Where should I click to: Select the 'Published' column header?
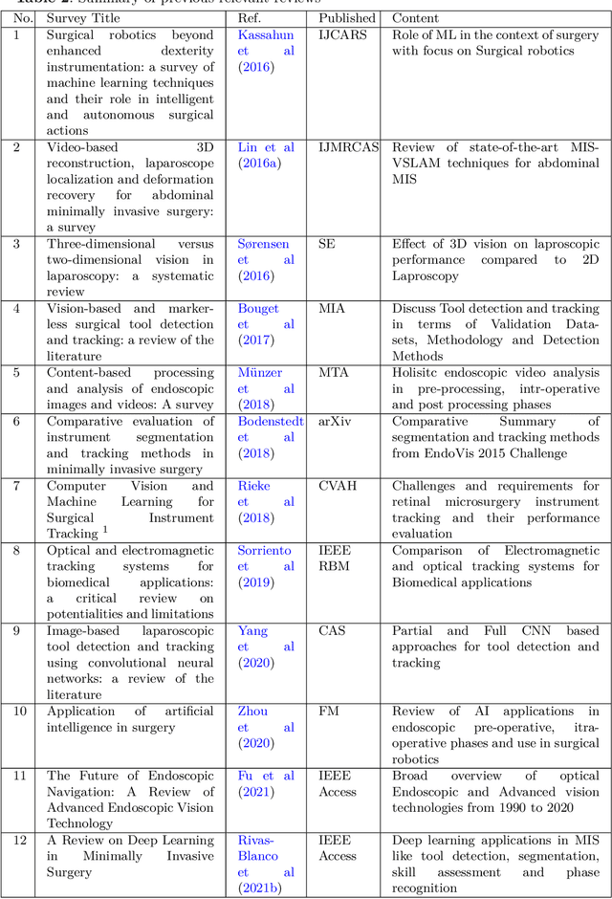[346, 17]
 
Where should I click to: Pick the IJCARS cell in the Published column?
[341, 34]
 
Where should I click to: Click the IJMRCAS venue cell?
[349, 147]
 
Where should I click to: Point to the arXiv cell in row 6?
[336, 421]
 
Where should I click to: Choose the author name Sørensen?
[263, 244]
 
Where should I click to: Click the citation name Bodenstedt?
[270, 421]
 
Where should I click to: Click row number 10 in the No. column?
[19, 712]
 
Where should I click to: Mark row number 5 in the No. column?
[15, 372]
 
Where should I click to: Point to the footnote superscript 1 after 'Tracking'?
[105, 530]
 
